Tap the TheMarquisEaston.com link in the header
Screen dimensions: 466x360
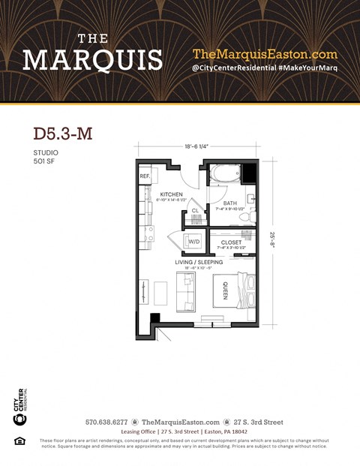point(265,54)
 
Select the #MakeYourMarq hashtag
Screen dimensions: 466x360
point(307,69)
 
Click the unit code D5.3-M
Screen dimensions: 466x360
point(62,134)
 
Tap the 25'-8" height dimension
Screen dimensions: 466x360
point(271,242)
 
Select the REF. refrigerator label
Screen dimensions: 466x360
point(145,176)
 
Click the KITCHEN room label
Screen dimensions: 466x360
point(171,194)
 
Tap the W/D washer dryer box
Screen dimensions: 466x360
point(193,242)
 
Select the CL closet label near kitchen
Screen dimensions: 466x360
point(195,211)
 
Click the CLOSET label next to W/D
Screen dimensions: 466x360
point(231,242)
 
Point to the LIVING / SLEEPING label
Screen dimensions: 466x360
point(199,262)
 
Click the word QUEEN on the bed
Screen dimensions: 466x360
point(225,293)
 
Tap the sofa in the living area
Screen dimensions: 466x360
point(184,291)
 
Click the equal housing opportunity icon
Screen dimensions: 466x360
point(19,440)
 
